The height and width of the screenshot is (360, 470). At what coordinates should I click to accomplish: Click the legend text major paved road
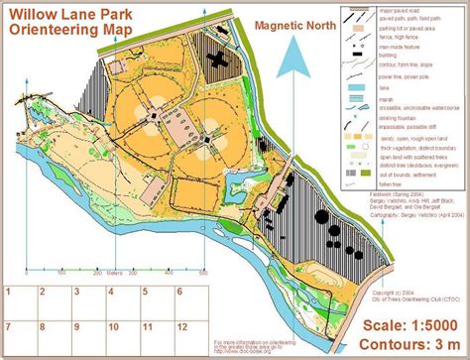pos(396,9)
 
